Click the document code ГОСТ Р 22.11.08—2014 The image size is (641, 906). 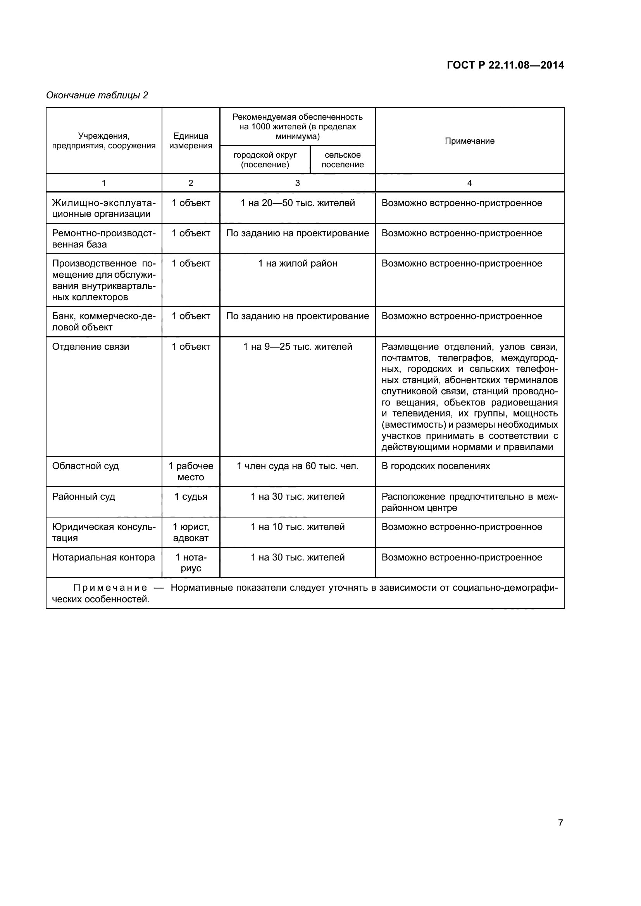coord(505,65)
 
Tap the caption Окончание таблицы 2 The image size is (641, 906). coord(97,95)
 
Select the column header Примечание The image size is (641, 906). coord(469,141)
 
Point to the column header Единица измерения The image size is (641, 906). coord(191,141)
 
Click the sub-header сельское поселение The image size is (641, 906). coord(342,160)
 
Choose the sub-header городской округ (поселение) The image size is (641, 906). coord(265,160)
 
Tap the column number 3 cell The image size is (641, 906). coord(297,183)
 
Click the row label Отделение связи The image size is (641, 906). coord(91,347)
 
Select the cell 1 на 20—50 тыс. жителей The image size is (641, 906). coord(298,203)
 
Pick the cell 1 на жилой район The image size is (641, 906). coord(298,264)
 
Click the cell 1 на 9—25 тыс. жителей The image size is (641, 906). coord(298,347)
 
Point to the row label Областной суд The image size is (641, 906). coord(85,466)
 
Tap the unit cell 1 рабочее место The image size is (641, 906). coord(191,471)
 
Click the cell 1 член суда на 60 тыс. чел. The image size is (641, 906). coord(298,466)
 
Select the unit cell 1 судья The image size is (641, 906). coord(191,497)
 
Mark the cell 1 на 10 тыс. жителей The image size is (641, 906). coord(298,527)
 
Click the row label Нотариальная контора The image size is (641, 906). coord(103,557)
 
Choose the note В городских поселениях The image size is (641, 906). coord(435,466)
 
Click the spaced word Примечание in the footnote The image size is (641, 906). coord(110,588)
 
